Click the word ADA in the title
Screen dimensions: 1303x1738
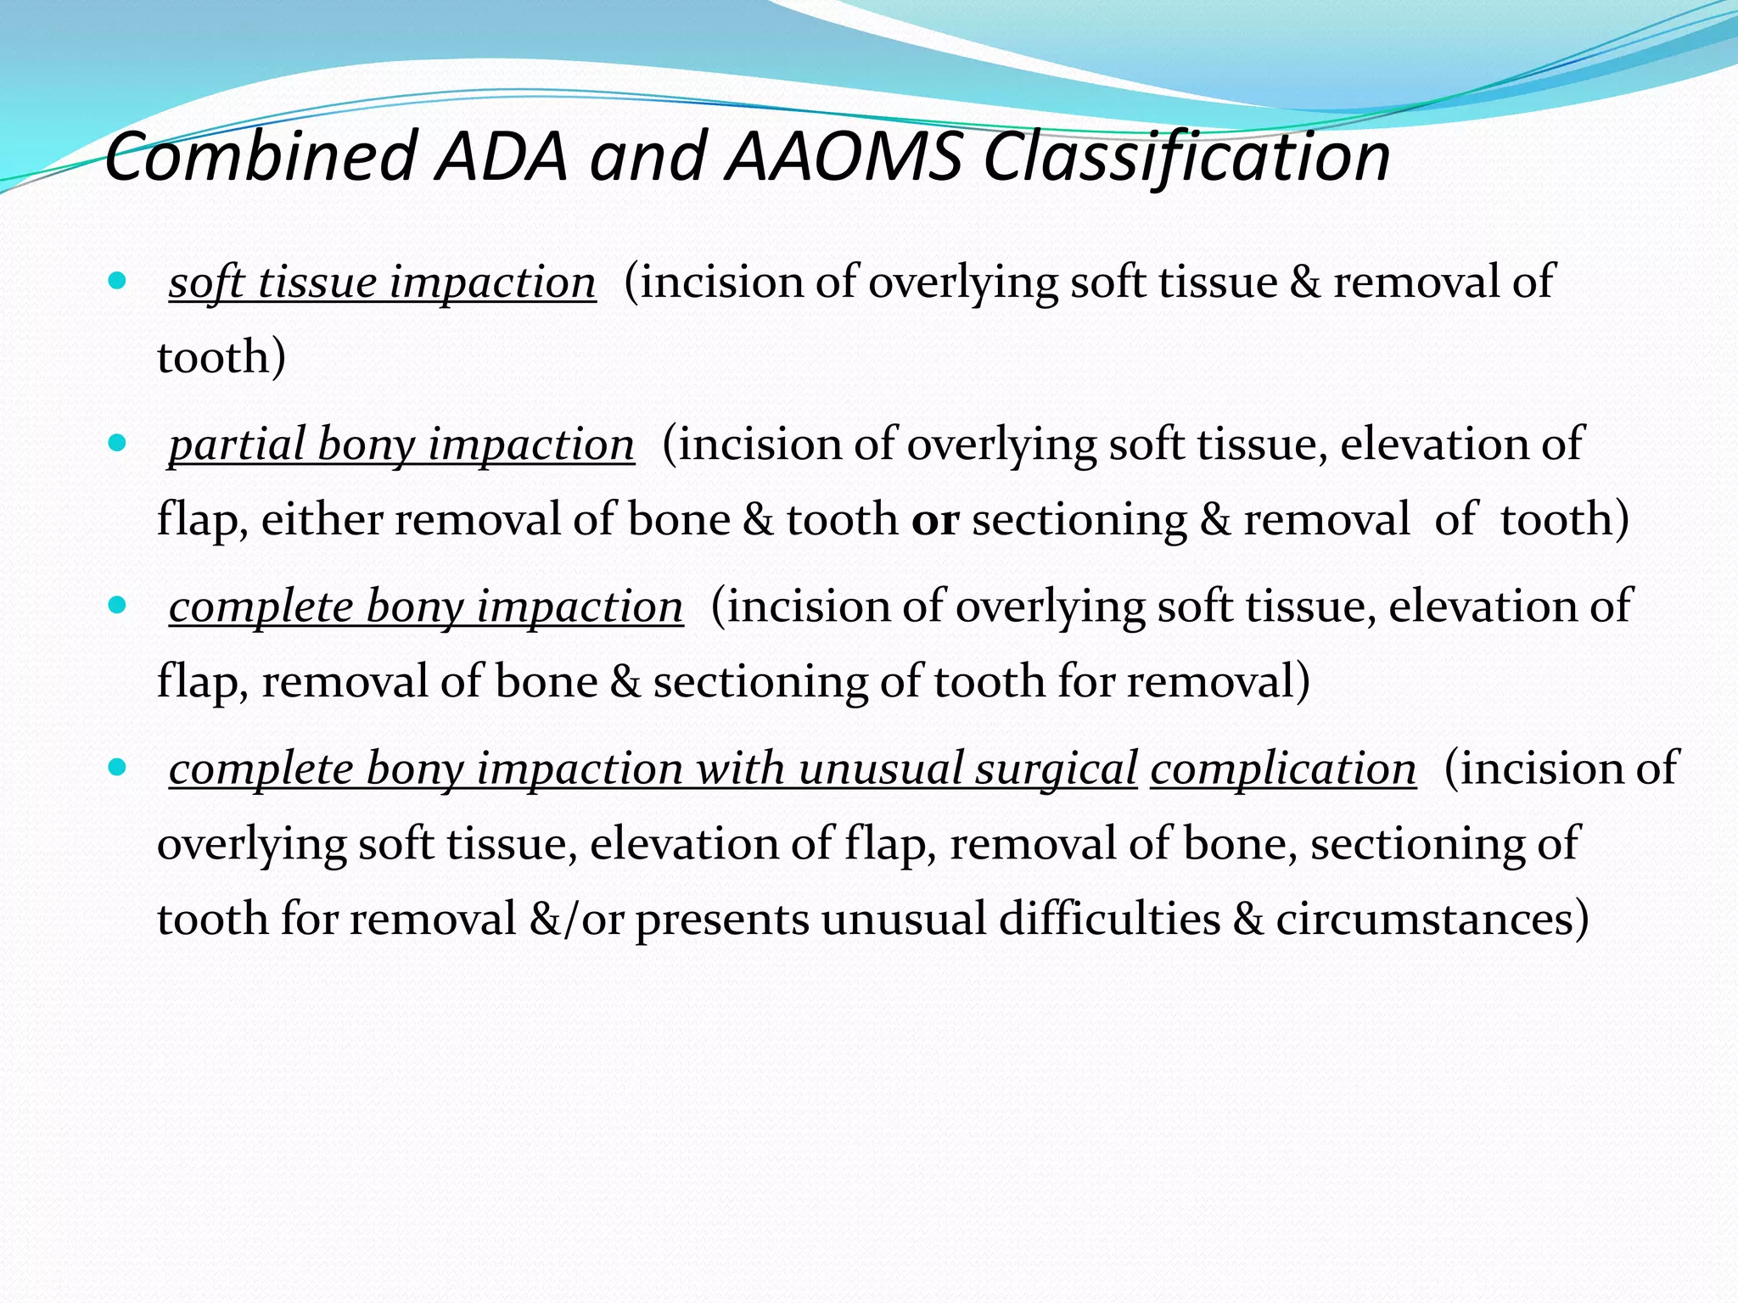click(x=501, y=157)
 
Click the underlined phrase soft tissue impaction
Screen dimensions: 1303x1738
click(x=382, y=282)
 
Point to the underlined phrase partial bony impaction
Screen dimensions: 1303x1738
click(x=401, y=445)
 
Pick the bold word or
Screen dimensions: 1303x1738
click(x=935, y=520)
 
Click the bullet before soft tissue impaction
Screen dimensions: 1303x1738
click(x=118, y=281)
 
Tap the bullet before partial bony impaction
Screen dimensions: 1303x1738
click(x=118, y=443)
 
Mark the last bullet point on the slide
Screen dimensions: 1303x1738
click(x=118, y=767)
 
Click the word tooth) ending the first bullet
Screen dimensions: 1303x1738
click(x=221, y=357)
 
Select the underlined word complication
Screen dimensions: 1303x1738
click(x=1283, y=769)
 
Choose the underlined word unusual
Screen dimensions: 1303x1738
click(x=879, y=769)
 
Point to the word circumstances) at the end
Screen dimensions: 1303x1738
click(x=1432, y=920)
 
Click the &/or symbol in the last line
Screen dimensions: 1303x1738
click(x=576, y=920)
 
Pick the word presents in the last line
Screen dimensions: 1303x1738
click(x=722, y=920)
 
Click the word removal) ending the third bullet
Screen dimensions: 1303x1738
click(x=1219, y=682)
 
